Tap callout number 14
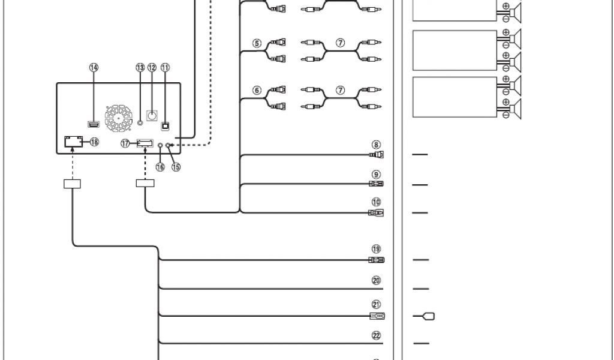coord(94,68)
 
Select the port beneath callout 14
coord(94,124)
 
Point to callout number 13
coord(140,68)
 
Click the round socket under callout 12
coord(152,116)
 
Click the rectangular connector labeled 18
coord(73,142)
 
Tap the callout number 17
coord(125,143)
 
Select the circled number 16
coord(160,167)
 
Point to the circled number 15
coord(176,167)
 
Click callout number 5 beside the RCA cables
coord(257,43)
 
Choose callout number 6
coord(257,91)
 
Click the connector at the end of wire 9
coord(377,184)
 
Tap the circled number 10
coord(376,202)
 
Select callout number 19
coord(376,249)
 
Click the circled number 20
coord(376,280)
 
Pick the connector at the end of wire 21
coord(377,316)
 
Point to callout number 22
coord(376,335)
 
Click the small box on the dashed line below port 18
coord(72,183)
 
